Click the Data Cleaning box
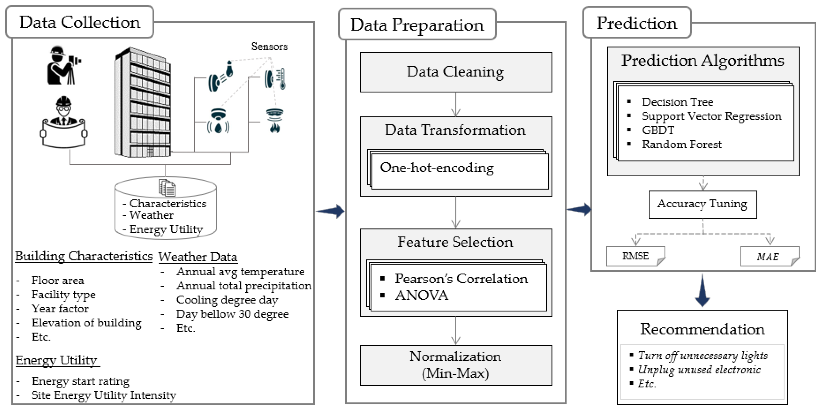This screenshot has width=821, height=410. pyautogui.click(x=456, y=72)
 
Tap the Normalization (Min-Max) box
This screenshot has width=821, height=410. pyautogui.click(x=456, y=365)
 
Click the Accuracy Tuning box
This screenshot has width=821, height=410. pyautogui.click(x=702, y=204)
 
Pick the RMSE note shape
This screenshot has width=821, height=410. pyautogui.click(x=635, y=256)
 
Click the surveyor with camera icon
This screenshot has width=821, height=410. pyautogui.click(x=63, y=65)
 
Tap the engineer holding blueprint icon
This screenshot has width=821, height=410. pyautogui.click(x=64, y=123)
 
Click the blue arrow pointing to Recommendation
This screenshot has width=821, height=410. pyautogui.click(x=702, y=290)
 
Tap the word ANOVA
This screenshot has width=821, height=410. pyautogui.click(x=421, y=296)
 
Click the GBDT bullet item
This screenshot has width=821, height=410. pyautogui.click(x=658, y=130)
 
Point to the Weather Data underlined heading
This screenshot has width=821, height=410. pyautogui.click(x=198, y=257)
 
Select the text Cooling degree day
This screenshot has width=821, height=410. pyautogui.click(x=227, y=300)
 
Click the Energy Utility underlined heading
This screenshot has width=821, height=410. pyautogui.click(x=56, y=360)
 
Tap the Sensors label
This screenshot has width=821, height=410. pyautogui.click(x=269, y=47)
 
